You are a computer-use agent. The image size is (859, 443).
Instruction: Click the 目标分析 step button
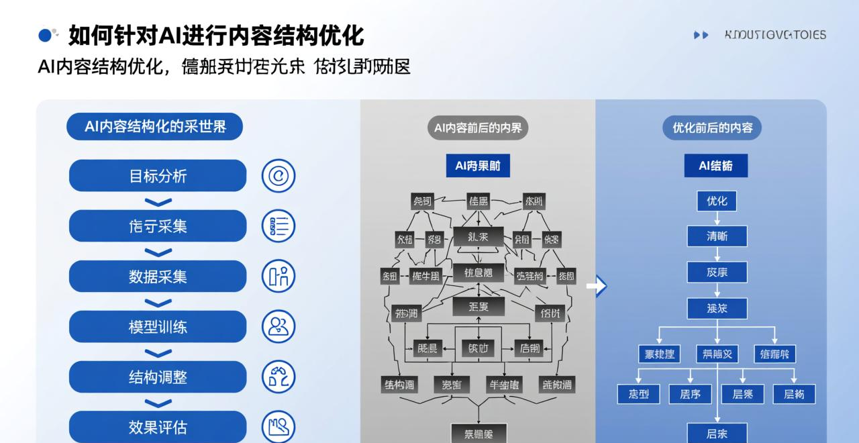pos(158,176)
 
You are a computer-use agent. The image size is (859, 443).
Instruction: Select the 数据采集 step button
pos(158,277)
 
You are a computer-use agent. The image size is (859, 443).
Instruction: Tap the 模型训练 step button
pos(158,327)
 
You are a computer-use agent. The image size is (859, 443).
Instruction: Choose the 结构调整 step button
pos(158,377)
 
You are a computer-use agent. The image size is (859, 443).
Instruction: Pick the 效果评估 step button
pos(158,427)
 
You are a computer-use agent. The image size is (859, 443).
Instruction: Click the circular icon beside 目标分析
pos(278,176)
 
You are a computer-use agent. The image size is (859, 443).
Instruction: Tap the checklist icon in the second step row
pos(278,226)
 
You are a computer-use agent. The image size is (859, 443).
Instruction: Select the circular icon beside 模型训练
pos(278,327)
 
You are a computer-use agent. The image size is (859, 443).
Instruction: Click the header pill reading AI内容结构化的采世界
pos(154,126)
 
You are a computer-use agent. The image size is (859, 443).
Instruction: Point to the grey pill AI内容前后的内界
pos(477,127)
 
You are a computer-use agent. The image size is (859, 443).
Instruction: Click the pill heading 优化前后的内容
pos(712,127)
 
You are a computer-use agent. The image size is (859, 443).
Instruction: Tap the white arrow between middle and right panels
pos(597,286)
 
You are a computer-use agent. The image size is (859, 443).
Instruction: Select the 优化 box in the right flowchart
pos(717,201)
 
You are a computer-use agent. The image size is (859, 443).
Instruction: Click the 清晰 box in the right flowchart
pos(717,236)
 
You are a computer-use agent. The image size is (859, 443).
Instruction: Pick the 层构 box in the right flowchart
pos(794,394)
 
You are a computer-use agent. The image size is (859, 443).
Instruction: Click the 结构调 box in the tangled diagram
pos(400,385)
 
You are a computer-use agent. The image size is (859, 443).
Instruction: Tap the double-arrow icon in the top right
pos(701,35)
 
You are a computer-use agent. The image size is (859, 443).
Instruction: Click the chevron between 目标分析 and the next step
pos(158,201)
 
